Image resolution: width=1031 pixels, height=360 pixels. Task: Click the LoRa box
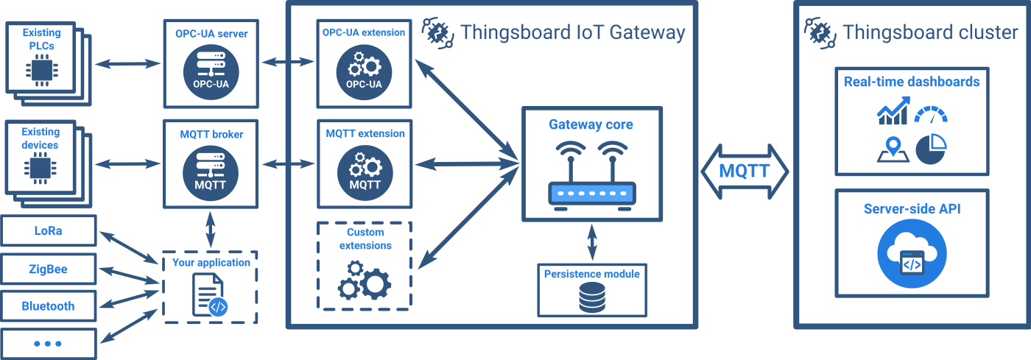tap(49, 230)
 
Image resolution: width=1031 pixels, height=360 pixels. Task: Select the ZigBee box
tap(49, 269)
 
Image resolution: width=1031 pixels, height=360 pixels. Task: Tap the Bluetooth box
tap(49, 306)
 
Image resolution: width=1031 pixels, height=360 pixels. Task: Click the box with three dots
tap(49, 344)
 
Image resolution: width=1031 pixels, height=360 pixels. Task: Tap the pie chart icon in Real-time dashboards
tap(932, 148)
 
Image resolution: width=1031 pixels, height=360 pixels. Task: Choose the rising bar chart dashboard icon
tap(892, 112)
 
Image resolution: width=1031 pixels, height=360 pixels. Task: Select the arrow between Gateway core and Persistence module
tap(592, 241)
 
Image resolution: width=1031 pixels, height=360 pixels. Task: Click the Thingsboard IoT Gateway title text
tap(572, 32)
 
